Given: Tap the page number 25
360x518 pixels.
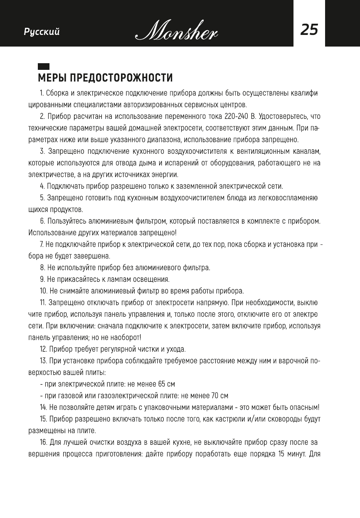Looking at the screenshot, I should (309, 30).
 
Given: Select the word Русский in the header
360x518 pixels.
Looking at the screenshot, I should (42, 32).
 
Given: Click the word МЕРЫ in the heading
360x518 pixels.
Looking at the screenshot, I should (52, 78).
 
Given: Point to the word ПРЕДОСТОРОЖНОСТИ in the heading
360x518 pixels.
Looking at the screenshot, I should (121, 78).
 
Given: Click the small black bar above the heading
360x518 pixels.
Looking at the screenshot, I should (44, 67).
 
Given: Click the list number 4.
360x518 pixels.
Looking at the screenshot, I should (42, 186).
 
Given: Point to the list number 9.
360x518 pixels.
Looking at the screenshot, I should (42, 279).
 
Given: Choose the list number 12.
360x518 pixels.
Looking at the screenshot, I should (43, 349).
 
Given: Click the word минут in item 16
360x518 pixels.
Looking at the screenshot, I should (291, 454).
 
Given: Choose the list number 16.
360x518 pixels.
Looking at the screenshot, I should (43, 442).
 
